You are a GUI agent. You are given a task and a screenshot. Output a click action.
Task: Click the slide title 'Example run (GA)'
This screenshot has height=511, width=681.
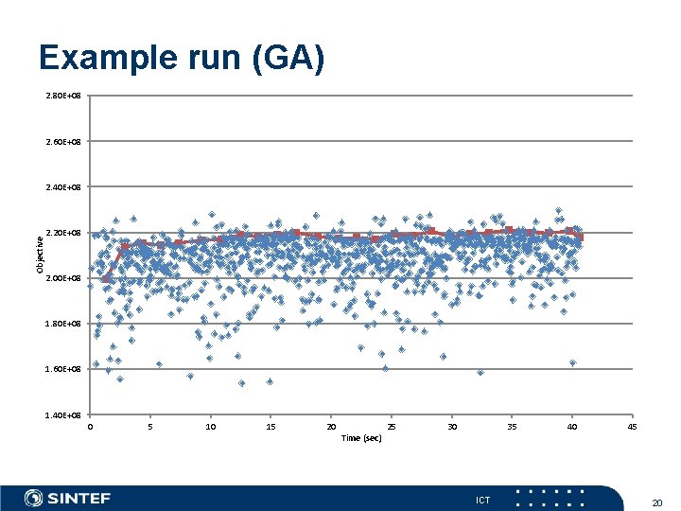pos(182,59)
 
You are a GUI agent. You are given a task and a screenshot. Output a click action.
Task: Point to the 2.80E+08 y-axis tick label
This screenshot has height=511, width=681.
pos(63,96)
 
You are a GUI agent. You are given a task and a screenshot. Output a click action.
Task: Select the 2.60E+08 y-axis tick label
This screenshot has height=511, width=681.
pos(63,142)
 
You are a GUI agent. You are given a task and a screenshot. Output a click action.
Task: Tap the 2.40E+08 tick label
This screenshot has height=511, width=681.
pos(63,187)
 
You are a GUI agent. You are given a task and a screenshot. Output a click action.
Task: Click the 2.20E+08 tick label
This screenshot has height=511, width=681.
pos(63,233)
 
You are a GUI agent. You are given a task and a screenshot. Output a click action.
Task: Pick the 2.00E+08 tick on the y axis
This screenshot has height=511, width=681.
pos(63,278)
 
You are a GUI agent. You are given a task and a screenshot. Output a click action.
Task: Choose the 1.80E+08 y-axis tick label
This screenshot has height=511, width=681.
pos(63,324)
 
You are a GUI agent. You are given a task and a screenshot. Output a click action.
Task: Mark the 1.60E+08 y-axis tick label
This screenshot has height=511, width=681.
pos(63,369)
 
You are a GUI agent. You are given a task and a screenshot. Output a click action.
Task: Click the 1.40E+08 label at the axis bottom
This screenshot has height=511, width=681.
pos(63,414)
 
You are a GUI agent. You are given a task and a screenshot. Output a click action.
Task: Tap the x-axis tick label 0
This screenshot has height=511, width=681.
pos(90,427)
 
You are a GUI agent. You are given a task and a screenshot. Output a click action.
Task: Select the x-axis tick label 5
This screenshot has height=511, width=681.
pos(150,427)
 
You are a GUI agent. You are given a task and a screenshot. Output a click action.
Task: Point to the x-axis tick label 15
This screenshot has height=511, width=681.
pos(271,427)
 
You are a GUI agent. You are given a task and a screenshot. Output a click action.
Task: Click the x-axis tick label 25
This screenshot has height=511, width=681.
pos(392,427)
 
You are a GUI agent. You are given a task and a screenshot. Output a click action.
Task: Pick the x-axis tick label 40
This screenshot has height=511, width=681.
pos(572,427)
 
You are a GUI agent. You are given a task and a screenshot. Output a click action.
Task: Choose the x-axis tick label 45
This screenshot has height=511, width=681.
pos(632,427)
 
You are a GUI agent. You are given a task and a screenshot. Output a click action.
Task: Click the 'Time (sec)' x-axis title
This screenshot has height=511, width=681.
pos(361,438)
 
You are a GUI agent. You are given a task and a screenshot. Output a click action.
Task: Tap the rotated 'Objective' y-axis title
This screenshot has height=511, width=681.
pos(40,255)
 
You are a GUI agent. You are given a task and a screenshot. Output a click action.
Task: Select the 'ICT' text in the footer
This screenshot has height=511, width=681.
pos(482,500)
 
